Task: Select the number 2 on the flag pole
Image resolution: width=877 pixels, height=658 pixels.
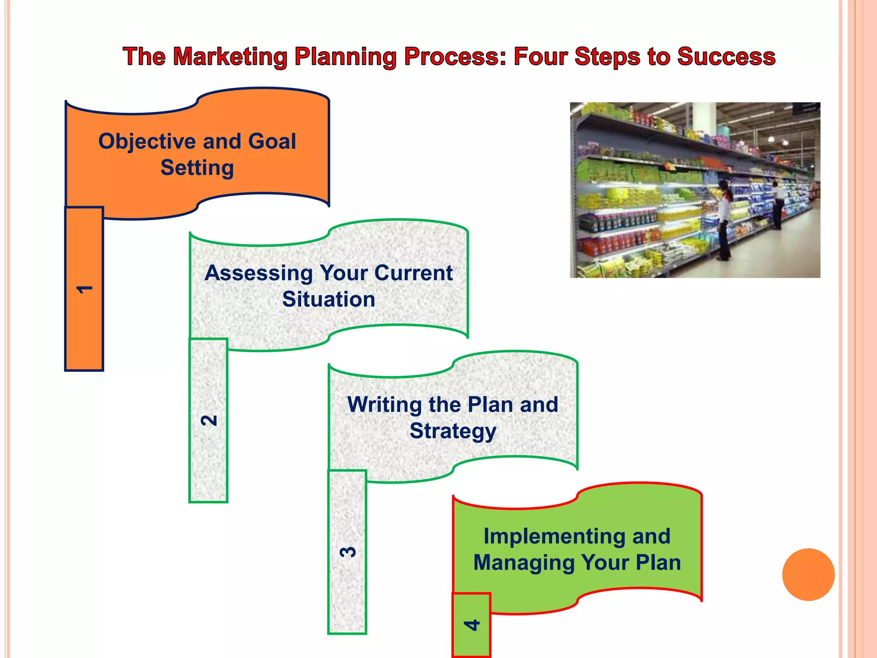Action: coord(209,420)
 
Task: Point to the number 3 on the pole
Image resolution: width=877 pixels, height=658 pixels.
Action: coord(347,552)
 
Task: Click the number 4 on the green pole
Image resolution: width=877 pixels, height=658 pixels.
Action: coord(471,625)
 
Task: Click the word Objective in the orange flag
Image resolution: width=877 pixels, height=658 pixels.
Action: coord(146,142)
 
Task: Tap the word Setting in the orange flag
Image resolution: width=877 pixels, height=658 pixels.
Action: coord(197,167)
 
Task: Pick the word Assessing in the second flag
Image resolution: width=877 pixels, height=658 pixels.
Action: coord(259,273)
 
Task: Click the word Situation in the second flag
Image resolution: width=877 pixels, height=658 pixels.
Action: coord(328,299)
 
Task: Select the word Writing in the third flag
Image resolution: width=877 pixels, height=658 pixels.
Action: coord(384,405)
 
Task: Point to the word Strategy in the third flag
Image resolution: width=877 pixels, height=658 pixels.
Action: coord(453,431)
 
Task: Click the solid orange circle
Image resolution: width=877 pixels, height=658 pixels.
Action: coord(808,574)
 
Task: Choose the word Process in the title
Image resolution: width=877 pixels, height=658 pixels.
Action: coord(455,57)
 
